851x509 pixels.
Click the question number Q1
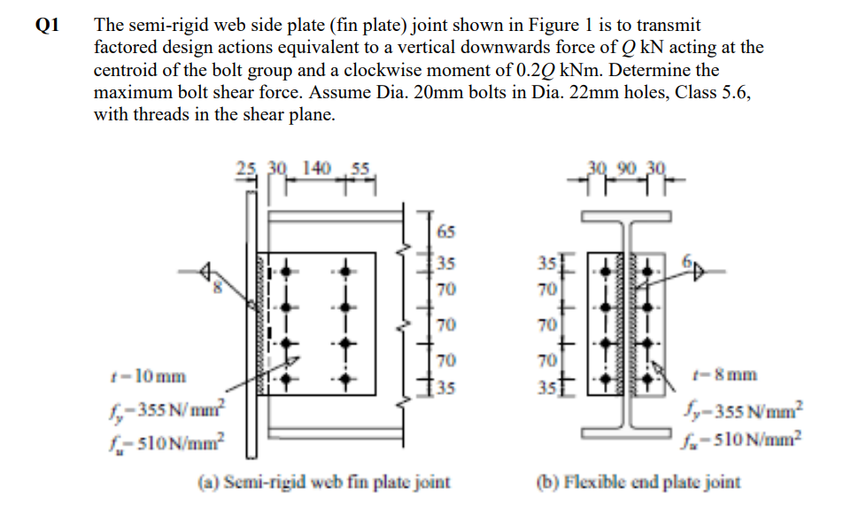[x=45, y=25]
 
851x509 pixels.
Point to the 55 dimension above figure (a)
[x=361, y=167]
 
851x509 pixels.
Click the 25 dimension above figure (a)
[x=245, y=167]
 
